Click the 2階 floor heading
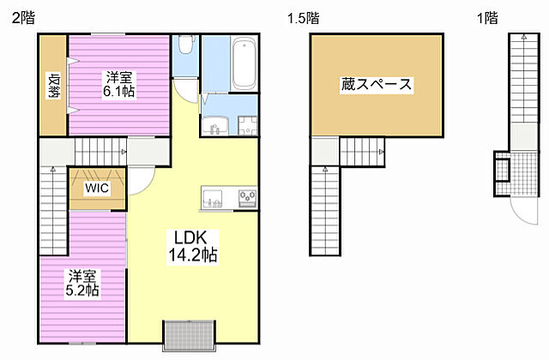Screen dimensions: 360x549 [x=23, y=18]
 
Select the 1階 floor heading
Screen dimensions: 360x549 [x=486, y=18]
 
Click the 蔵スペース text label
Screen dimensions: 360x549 [x=377, y=85]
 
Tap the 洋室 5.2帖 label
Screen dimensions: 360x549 [x=84, y=283]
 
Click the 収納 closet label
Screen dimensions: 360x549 [x=52, y=86]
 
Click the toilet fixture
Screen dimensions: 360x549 [x=185, y=51]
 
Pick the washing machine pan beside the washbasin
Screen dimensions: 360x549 [x=247, y=124]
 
